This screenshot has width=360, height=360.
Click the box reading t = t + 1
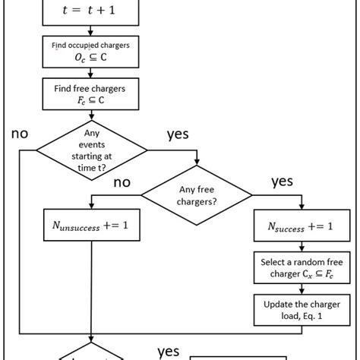click(91, 11)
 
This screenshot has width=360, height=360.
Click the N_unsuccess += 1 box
click(91, 227)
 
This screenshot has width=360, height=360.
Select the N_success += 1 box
click(303, 227)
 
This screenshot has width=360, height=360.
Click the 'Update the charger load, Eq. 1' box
click(303, 310)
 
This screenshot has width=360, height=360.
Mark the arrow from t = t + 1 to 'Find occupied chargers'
click(91, 31)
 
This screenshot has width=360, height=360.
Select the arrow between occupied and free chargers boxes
click(91, 74)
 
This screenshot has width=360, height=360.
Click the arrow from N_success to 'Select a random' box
click(303, 246)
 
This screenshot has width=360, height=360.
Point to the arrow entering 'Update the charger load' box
click(303, 289)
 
